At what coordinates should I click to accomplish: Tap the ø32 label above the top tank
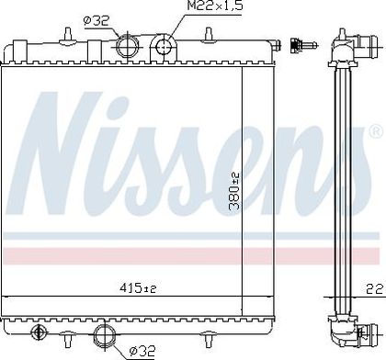click(x=96, y=21)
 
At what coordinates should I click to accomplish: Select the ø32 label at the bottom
click(x=142, y=350)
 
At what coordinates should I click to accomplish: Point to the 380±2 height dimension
click(x=235, y=191)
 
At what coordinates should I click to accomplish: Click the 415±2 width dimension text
click(x=138, y=287)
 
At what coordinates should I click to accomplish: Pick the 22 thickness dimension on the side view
click(x=375, y=288)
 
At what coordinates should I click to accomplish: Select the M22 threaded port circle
click(x=164, y=47)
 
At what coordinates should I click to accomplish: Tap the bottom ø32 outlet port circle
click(x=105, y=334)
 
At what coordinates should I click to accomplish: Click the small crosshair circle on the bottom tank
click(x=39, y=332)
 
